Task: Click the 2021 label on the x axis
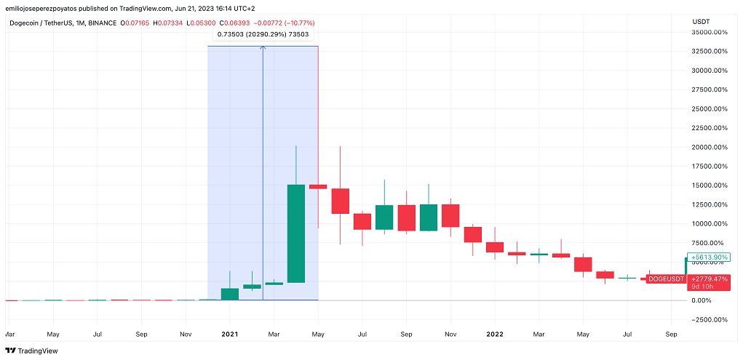[230, 335]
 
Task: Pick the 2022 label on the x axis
[495, 335]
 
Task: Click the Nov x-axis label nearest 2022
[450, 335]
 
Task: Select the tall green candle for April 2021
[296, 233]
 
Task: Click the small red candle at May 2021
[318, 187]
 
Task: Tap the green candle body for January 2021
[230, 294]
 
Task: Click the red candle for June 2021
[341, 201]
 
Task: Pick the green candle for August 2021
[384, 217]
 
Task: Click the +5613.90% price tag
[709, 257]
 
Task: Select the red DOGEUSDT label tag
[666, 279]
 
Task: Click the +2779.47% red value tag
[709, 279]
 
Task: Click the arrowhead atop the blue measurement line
[263, 49]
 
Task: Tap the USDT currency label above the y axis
[701, 21]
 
